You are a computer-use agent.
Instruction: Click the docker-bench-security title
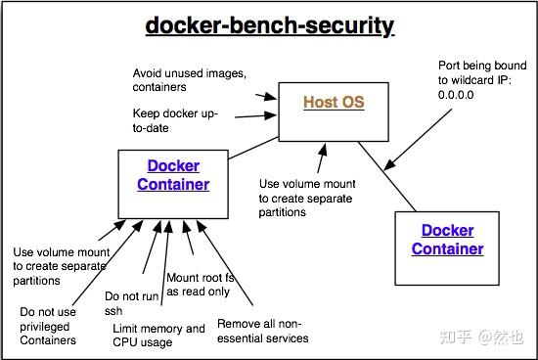pyautogui.click(x=269, y=24)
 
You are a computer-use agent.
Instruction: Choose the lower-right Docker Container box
pyautogui.click(x=446, y=240)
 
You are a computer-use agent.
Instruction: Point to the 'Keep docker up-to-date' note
pyautogui.click(x=175, y=120)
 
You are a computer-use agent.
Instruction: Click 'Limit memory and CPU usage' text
pyautogui.click(x=158, y=336)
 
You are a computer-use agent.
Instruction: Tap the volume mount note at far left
pyautogui.click(x=60, y=265)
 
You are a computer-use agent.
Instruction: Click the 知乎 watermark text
pyautogui.click(x=454, y=337)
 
